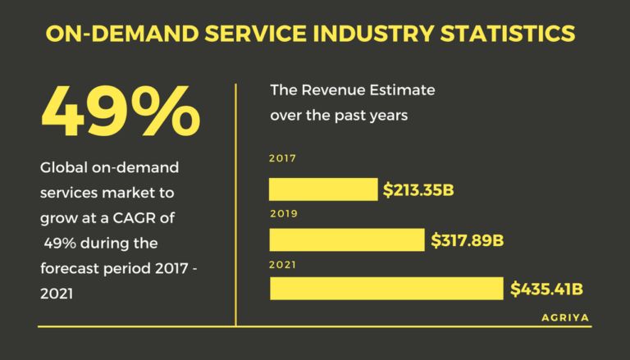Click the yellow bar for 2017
point(323,189)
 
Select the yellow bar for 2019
point(347,239)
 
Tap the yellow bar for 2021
point(386,289)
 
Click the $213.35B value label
point(418,190)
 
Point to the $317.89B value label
point(467,240)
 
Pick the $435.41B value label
point(546,289)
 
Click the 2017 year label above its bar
point(281,159)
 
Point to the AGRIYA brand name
point(564,316)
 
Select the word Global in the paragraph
point(63,168)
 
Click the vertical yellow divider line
point(236,205)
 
